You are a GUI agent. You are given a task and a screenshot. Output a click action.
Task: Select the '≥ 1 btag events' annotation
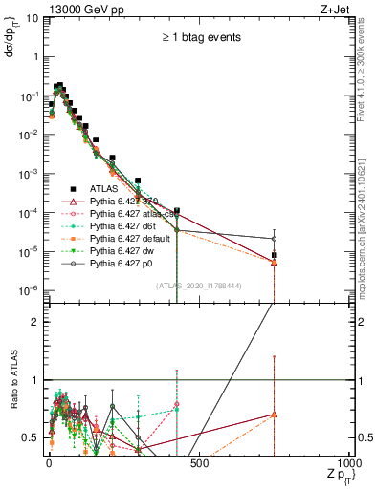point(202,38)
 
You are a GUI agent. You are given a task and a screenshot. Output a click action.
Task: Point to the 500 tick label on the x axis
point(199,462)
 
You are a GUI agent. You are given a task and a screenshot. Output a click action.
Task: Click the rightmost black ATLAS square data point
point(274,255)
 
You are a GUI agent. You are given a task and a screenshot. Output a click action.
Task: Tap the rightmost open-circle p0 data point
point(274,239)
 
